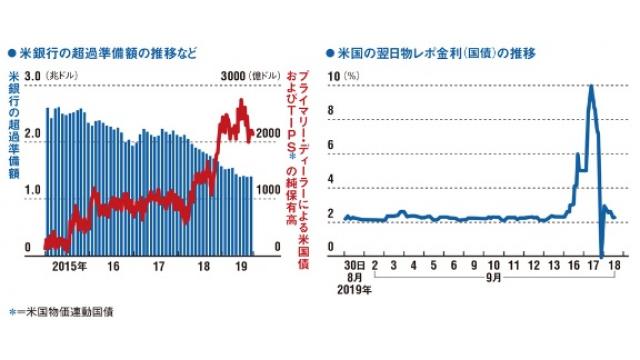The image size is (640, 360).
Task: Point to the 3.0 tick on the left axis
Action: tap(32, 76)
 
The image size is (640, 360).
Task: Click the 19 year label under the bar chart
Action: tap(239, 267)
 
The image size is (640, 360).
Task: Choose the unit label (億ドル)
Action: tap(264, 77)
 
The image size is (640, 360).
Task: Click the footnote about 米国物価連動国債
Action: tap(65, 311)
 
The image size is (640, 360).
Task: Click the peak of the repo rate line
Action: tap(592, 87)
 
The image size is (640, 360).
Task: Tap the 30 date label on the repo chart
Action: tap(348, 267)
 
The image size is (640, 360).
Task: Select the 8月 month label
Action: tap(348, 281)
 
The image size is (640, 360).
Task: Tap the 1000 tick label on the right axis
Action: tap(268, 189)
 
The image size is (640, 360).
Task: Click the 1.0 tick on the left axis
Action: tap(32, 189)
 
